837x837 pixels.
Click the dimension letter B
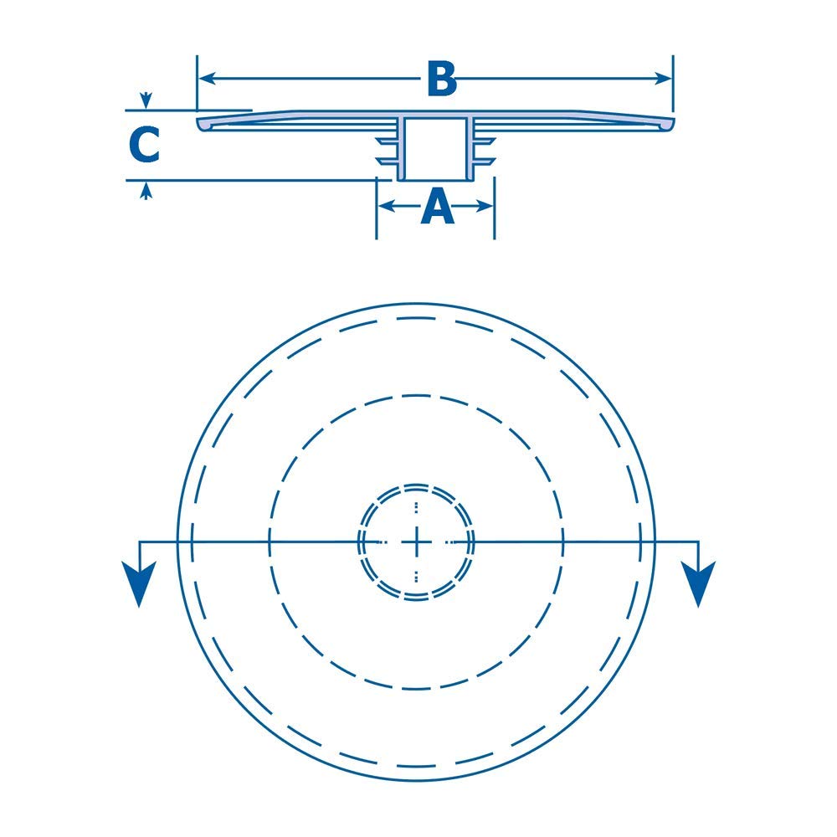pyautogui.click(x=441, y=79)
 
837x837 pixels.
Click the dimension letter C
pyautogui.click(x=144, y=145)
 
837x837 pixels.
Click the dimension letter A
pyautogui.click(x=437, y=207)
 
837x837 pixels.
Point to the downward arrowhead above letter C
pyautogui.click(x=146, y=101)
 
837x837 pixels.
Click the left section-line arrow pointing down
pyautogui.click(x=139, y=581)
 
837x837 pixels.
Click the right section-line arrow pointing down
pyautogui.click(x=697, y=581)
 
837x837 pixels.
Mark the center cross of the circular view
pyautogui.click(x=416, y=542)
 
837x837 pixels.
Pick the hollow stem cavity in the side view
pyautogui.click(x=434, y=148)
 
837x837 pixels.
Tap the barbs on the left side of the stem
pyautogui.click(x=386, y=146)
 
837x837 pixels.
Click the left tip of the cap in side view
pyautogui.click(x=201, y=124)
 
